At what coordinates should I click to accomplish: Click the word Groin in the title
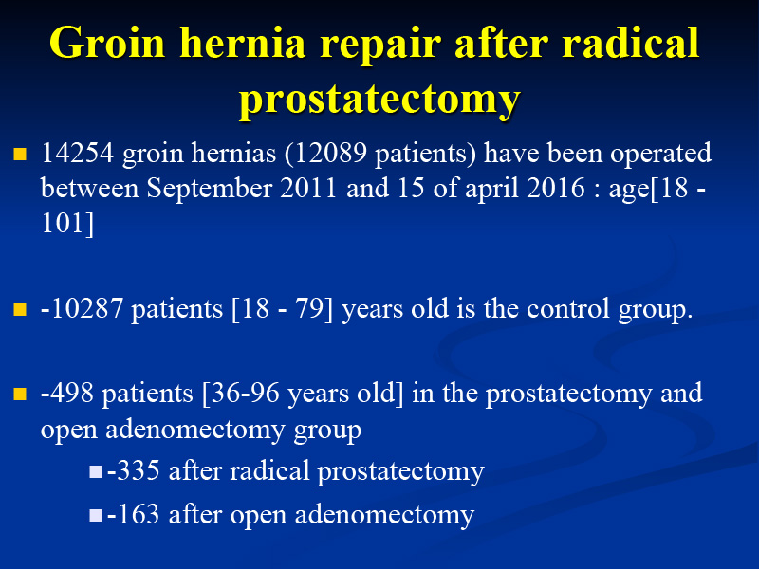(x=107, y=45)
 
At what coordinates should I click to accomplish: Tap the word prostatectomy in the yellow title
(x=379, y=101)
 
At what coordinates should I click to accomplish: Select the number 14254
(x=78, y=154)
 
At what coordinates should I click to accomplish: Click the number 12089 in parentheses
(x=330, y=154)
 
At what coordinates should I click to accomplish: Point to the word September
(x=209, y=189)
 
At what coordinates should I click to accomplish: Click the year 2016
(x=555, y=188)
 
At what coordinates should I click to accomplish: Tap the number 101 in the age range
(x=63, y=224)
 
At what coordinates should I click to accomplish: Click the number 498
(x=72, y=393)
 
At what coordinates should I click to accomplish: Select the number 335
(x=139, y=470)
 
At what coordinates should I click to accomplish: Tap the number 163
(x=139, y=514)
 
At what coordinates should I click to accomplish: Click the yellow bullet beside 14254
(x=20, y=154)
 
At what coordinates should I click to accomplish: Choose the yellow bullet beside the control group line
(x=20, y=309)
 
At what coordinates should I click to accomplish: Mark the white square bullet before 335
(x=96, y=471)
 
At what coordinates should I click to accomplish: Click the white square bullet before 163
(x=96, y=515)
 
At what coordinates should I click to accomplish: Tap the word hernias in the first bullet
(x=233, y=154)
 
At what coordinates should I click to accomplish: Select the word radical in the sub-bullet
(x=269, y=470)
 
